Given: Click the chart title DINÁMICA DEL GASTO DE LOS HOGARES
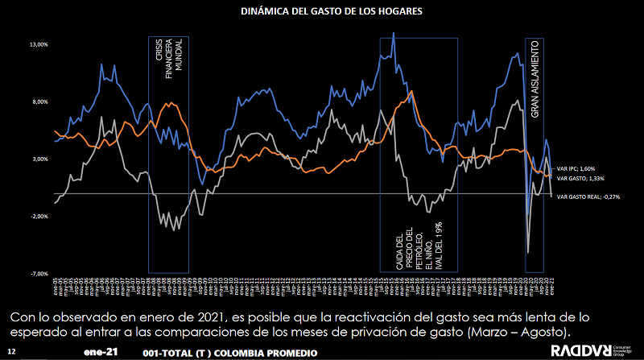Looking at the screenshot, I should (322, 13).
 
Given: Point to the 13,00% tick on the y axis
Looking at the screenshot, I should (39, 45).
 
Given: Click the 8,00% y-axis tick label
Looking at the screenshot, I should (40, 102).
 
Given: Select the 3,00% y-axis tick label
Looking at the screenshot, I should (40, 159).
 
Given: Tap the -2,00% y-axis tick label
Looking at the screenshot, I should (39, 217).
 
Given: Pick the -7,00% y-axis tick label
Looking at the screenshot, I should (39, 274).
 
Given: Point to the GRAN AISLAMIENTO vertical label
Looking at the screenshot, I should (534, 81).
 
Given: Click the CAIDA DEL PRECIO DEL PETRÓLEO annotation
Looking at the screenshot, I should (402, 250).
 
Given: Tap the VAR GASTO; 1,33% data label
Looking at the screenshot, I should (580, 178).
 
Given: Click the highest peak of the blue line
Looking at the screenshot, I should (393, 33).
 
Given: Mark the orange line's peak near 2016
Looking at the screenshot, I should (412, 92).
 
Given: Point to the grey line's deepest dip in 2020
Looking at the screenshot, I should (529, 252).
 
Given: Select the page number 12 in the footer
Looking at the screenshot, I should (12, 353).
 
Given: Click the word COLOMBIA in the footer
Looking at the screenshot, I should (238, 353).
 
